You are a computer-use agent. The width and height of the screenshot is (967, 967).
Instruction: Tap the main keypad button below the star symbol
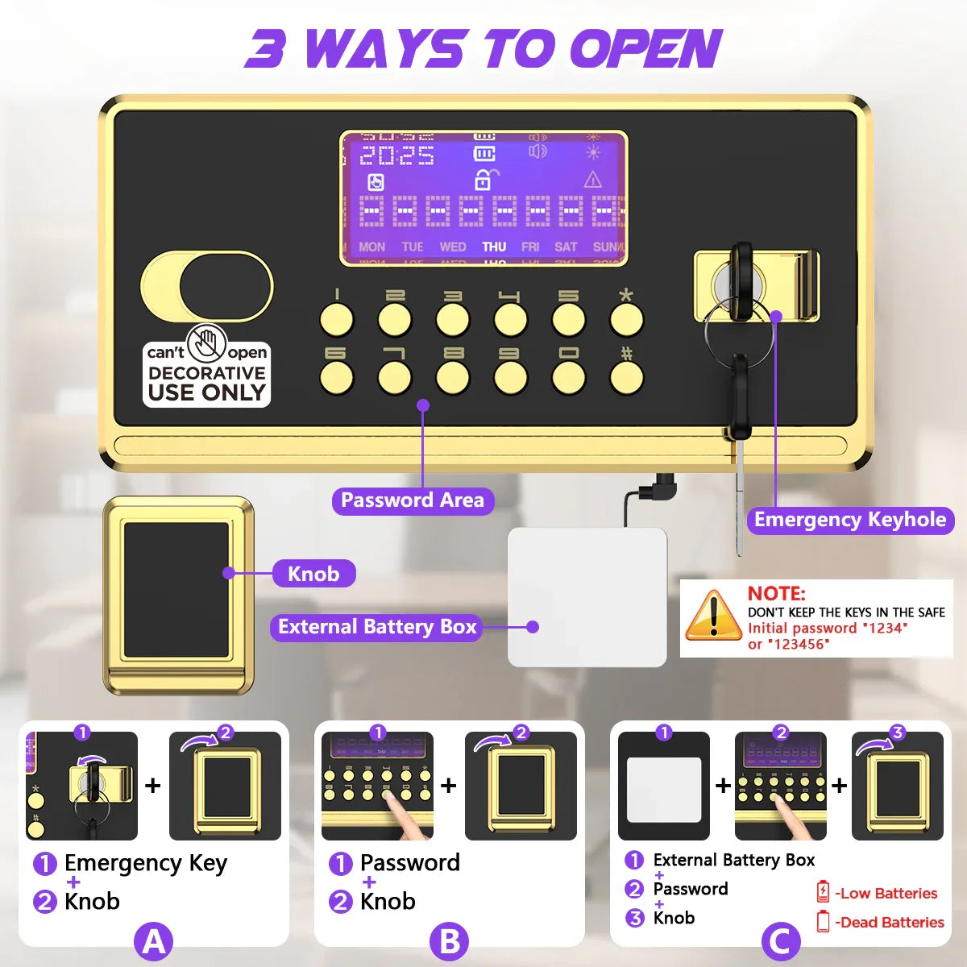click(x=626, y=320)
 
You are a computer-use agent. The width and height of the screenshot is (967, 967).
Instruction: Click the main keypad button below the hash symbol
click(x=626, y=377)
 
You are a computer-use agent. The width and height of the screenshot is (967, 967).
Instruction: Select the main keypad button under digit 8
click(x=453, y=377)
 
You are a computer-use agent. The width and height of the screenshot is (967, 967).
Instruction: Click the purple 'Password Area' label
click(x=413, y=500)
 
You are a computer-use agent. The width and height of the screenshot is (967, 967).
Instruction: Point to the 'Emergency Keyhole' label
click(x=850, y=520)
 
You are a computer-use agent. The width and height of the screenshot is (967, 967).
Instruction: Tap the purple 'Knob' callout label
click(x=313, y=574)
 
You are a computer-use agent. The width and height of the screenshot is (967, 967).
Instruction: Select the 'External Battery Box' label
click(x=377, y=627)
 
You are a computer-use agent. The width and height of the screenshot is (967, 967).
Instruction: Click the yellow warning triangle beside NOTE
click(x=712, y=616)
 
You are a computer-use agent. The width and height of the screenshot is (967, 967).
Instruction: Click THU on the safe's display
click(x=494, y=247)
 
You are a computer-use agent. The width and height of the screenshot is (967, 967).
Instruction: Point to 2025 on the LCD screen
click(x=396, y=156)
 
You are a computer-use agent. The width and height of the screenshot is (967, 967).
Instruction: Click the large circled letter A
click(x=154, y=940)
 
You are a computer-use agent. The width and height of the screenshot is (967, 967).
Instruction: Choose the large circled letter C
click(x=780, y=940)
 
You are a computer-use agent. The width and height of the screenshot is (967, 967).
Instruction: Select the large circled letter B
click(x=450, y=940)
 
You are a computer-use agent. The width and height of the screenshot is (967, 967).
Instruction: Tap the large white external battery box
click(x=587, y=597)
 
